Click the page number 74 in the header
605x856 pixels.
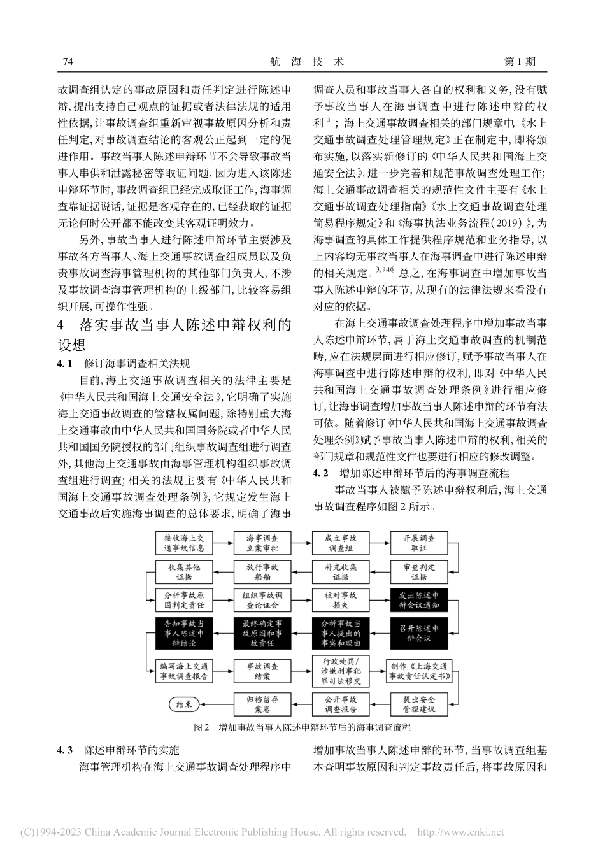click(69, 62)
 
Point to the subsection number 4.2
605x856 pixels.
click(324, 473)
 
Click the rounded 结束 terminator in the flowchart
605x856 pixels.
click(183, 704)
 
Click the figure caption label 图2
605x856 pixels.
click(201, 727)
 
